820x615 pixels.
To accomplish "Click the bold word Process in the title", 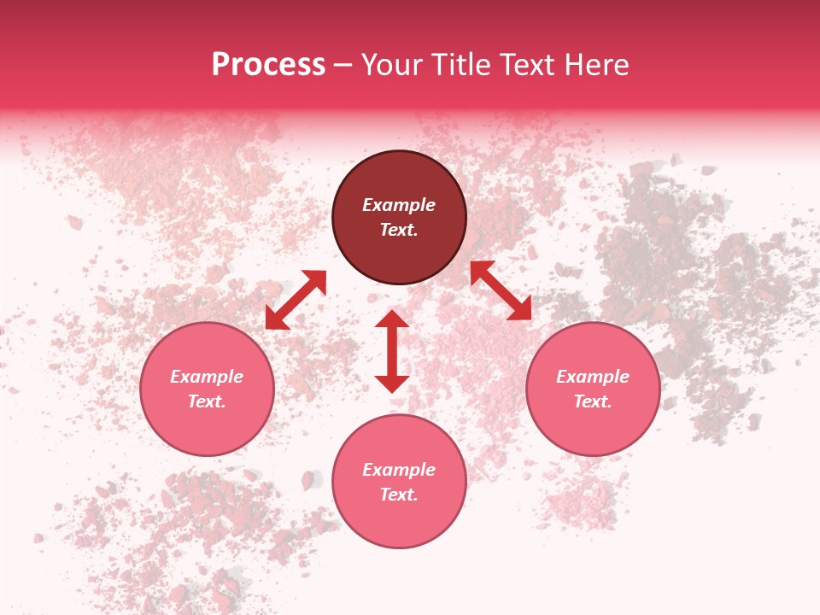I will [x=268, y=65].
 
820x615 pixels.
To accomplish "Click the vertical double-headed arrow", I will [x=392, y=352].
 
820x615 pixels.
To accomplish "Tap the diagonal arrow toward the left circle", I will [x=296, y=300].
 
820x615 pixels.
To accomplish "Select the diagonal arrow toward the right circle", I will [x=501, y=290].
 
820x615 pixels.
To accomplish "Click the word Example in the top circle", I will [x=399, y=205].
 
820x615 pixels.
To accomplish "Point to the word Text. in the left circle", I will [x=207, y=401].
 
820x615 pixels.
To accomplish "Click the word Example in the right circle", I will [x=593, y=377].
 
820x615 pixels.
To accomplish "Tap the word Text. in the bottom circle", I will [x=399, y=495].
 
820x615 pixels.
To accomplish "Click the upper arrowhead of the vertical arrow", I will [x=392, y=319].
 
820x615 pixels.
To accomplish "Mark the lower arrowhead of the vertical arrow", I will [x=392, y=384].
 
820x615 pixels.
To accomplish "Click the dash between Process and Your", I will [x=343, y=65].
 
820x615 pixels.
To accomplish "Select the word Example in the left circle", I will [x=207, y=377].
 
